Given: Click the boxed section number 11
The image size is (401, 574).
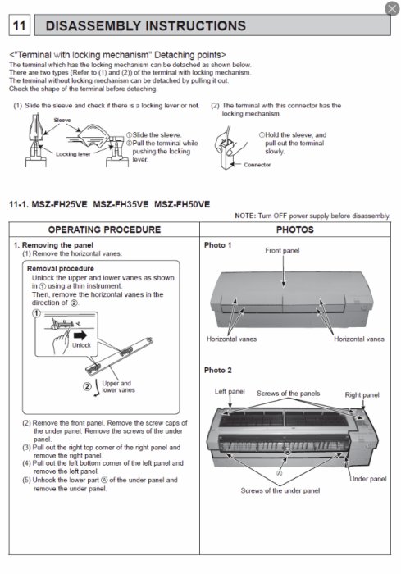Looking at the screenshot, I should [x=19, y=26].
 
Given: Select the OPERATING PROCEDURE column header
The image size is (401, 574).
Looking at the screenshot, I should [x=102, y=230].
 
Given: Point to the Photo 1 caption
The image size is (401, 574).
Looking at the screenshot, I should [x=217, y=245].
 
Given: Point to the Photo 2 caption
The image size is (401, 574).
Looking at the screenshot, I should [x=217, y=370].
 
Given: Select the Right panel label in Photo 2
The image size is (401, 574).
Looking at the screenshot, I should [x=362, y=394].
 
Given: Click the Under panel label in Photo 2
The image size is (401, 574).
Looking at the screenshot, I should [x=368, y=478].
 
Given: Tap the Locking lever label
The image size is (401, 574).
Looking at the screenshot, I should [x=51, y=153].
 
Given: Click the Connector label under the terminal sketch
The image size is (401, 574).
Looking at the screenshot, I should [x=257, y=164].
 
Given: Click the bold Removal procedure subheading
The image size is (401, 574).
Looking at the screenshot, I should [x=60, y=268].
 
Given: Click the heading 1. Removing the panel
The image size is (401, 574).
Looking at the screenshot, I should [x=53, y=244].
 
